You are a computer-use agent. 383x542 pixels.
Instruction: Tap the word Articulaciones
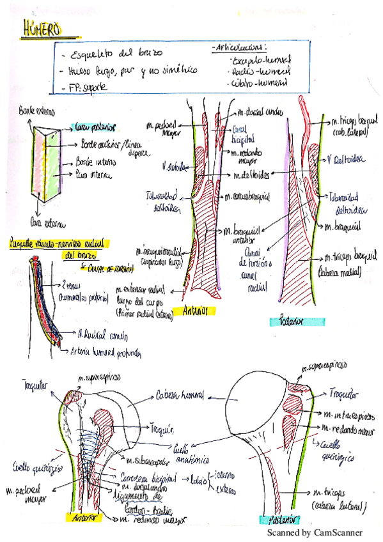tap(238, 47)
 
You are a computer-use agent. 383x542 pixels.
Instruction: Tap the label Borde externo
tap(38, 111)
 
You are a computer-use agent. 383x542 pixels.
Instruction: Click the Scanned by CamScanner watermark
tap(314, 532)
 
